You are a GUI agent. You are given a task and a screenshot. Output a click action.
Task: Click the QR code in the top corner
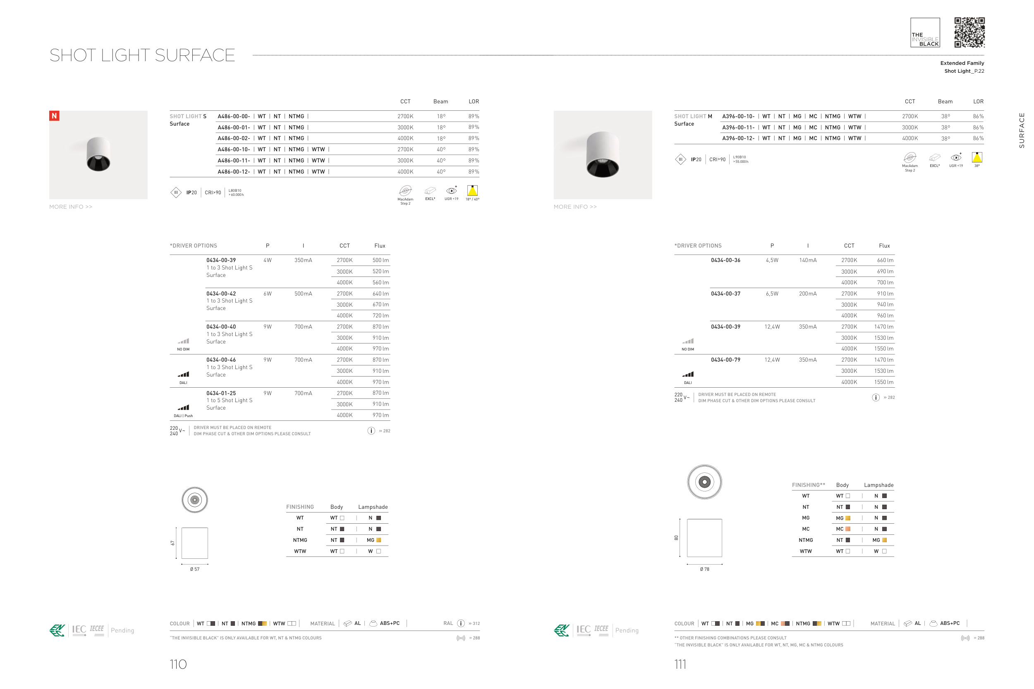pos(969,33)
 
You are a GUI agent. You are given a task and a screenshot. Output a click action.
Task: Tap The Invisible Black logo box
pos(925,33)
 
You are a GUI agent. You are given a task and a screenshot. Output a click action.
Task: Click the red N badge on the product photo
pos(54,116)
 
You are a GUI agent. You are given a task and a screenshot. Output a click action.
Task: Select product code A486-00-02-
pos(233,138)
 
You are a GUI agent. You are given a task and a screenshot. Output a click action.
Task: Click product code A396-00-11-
pos(738,127)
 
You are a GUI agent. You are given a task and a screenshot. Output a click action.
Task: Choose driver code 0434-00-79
pos(725,360)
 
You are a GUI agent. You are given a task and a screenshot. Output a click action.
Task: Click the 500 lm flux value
pos(380,260)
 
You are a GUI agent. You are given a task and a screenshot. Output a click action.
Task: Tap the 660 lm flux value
pos(885,260)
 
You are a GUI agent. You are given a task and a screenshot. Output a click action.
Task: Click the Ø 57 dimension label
pos(195,569)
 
